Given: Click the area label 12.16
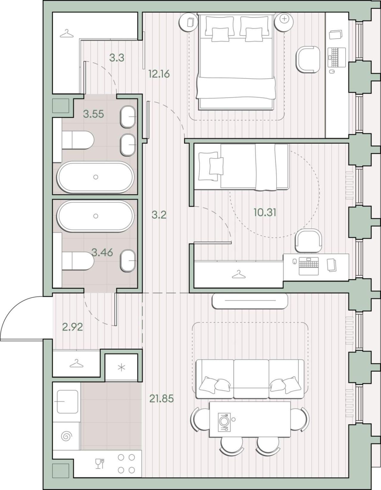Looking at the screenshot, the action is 159,74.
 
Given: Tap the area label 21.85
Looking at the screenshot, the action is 161,399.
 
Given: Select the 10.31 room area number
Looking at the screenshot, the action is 265,212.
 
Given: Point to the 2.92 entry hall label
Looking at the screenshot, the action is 72,327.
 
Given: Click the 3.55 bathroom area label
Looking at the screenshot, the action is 93,114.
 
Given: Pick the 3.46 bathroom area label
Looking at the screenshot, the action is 102,252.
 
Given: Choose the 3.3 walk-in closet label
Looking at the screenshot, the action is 117,58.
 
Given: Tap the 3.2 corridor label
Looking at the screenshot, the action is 159,215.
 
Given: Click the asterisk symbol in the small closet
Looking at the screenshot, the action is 121,368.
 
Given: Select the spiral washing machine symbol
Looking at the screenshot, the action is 67,436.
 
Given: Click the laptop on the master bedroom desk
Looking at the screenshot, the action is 337,57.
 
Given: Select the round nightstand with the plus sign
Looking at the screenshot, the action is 284,22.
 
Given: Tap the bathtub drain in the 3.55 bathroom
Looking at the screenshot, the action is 96,177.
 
